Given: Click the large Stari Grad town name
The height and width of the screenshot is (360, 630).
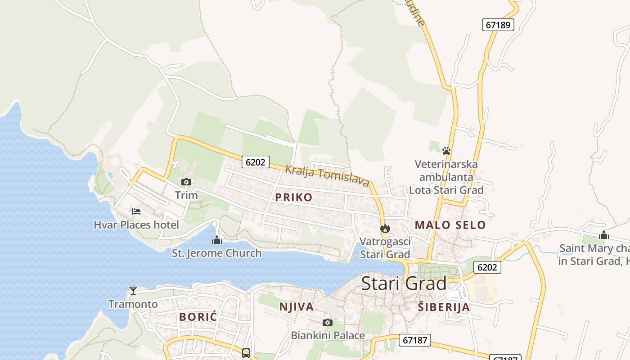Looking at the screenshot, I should point(404,283).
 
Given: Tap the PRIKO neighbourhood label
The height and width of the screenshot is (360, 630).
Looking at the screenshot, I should point(293,197).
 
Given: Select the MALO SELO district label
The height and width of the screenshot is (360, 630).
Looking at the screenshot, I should point(450,225).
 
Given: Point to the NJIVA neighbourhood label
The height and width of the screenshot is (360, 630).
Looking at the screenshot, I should point(296,307).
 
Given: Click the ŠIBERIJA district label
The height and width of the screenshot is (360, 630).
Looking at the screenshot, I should point(443,307).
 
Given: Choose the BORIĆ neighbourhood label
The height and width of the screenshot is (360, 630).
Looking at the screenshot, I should point(198,317).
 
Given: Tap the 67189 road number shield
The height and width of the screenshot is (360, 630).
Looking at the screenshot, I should point(498,25).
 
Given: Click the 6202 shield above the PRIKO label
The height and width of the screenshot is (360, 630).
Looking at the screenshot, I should point(256,162).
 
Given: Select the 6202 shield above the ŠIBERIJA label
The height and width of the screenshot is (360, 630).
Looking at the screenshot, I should point(487,267).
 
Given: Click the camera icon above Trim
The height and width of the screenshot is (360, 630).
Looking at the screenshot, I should point(186,182).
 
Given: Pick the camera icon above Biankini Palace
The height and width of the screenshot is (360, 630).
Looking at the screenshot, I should point(328,322).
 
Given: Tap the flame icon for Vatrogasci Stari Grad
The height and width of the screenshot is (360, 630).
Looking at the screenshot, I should point(385,229).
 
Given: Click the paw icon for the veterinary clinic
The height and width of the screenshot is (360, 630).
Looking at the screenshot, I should point(446,151).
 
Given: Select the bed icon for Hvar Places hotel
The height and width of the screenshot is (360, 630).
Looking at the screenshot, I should point(136,211).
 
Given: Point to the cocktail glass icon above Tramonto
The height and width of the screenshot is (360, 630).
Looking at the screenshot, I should point(133,291).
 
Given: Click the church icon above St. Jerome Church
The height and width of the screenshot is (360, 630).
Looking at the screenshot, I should point(217,240).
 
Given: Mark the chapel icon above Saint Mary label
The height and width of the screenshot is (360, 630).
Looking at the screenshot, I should point(603,235).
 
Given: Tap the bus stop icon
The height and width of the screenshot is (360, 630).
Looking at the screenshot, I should point(246,353).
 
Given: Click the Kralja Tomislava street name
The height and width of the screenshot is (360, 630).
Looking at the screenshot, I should point(327,175).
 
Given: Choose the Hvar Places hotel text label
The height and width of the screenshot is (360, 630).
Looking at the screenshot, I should point(136,225).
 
